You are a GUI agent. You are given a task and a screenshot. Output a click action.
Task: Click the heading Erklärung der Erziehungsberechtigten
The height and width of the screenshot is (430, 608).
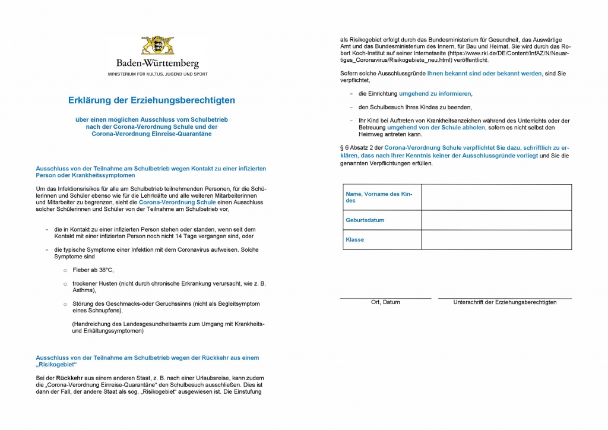pos(151,100)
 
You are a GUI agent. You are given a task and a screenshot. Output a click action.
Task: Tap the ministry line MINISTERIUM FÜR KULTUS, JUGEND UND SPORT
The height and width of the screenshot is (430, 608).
pos(157,74)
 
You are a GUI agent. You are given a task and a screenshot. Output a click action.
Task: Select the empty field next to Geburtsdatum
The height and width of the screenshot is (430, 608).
pos(496,220)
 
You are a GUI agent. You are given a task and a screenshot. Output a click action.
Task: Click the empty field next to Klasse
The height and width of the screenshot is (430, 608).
pos(496,240)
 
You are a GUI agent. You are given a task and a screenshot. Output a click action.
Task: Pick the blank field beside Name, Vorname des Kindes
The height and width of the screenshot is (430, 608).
pos(496,197)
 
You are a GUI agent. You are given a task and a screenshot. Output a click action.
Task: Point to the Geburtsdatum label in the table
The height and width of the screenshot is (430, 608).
pos(365,220)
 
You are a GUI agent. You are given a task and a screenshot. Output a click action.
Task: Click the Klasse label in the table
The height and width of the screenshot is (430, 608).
pos(355,240)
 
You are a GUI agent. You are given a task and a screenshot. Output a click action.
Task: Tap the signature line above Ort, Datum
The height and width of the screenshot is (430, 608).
pos(385,298)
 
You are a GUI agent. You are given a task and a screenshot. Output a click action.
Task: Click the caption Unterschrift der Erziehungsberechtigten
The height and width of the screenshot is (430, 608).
pos(505,302)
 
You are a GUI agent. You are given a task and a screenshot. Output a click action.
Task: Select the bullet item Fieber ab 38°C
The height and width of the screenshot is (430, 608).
pos(93,270)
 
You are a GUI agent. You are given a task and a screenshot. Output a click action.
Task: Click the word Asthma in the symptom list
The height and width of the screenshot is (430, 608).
pos(83,291)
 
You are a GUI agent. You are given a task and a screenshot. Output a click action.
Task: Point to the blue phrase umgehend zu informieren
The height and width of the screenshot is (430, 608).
pos(435,94)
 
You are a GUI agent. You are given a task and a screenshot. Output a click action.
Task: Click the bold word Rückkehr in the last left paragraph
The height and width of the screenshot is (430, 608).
pos(69,378)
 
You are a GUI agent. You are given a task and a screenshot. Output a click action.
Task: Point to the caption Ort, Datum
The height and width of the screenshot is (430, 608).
pos(385,302)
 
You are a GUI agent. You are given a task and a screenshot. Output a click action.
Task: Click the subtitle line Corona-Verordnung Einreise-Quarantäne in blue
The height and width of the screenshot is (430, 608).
pos(151,134)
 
